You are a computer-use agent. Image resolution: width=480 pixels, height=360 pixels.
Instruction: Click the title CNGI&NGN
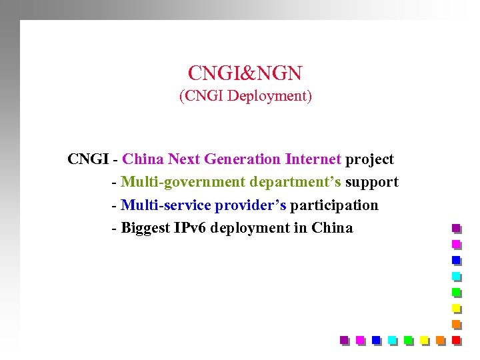pyautogui.click(x=245, y=72)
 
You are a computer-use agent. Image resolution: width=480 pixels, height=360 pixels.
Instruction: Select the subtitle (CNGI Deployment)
pyautogui.click(x=245, y=96)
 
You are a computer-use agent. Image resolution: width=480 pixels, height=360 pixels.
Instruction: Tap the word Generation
pyautogui.click(x=243, y=159)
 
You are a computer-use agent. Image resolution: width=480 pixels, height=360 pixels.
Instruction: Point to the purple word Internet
pyautogui.click(x=313, y=159)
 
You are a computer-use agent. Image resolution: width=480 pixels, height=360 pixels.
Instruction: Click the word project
pyautogui.click(x=369, y=160)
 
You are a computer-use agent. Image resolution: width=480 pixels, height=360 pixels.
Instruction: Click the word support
pyautogui.click(x=371, y=182)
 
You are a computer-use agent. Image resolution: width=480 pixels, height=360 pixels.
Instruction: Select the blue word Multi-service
pyautogui.click(x=166, y=205)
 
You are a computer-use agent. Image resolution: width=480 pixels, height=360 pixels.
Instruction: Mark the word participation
pyautogui.click(x=334, y=205)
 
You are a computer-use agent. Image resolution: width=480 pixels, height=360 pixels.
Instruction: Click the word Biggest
pyautogui.click(x=146, y=228)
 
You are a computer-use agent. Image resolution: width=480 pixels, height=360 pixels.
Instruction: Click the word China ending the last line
pyautogui.click(x=332, y=227)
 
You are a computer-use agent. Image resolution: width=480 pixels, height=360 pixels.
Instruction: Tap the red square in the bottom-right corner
pyautogui.click(x=456, y=340)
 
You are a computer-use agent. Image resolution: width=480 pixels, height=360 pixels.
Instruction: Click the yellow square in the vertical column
pyautogui.click(x=456, y=308)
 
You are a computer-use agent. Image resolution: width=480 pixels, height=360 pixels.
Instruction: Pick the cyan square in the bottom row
pyautogui.click(x=392, y=340)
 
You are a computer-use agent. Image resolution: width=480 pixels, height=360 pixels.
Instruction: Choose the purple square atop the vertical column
pyautogui.click(x=456, y=228)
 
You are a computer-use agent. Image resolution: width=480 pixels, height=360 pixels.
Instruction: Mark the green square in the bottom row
pyautogui.click(x=408, y=340)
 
